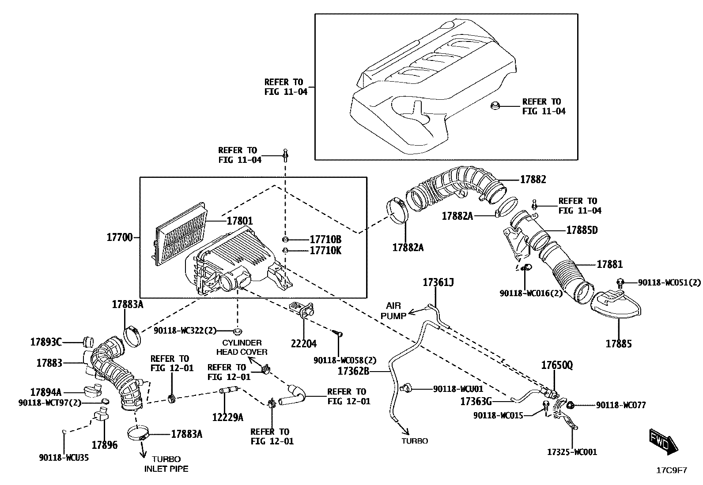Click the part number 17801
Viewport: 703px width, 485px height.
pyautogui.click(x=240, y=221)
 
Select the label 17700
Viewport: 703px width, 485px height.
pyautogui.click(x=119, y=237)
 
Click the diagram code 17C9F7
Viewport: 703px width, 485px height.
pyautogui.click(x=671, y=470)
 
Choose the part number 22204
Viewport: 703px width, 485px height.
pyautogui.click(x=304, y=343)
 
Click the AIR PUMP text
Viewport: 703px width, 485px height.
pyautogui.click(x=393, y=311)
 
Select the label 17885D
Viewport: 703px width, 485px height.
pyautogui.click(x=582, y=230)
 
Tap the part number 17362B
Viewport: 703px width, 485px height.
pyautogui.click(x=353, y=371)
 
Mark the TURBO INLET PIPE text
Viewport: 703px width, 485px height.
pyautogui.click(x=166, y=464)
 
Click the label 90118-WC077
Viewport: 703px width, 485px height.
pyautogui.click(x=620, y=405)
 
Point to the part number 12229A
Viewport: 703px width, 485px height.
pyautogui.click(x=227, y=417)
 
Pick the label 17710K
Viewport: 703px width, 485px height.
pyautogui.click(x=325, y=251)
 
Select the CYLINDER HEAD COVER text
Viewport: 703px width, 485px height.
pyautogui.click(x=242, y=347)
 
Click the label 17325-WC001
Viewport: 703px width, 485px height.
pyautogui.click(x=572, y=452)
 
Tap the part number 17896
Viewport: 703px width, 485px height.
pyautogui.click(x=105, y=445)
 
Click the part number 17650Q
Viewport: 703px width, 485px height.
pyautogui.click(x=557, y=365)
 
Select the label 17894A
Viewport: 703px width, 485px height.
pyautogui.click(x=46, y=392)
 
